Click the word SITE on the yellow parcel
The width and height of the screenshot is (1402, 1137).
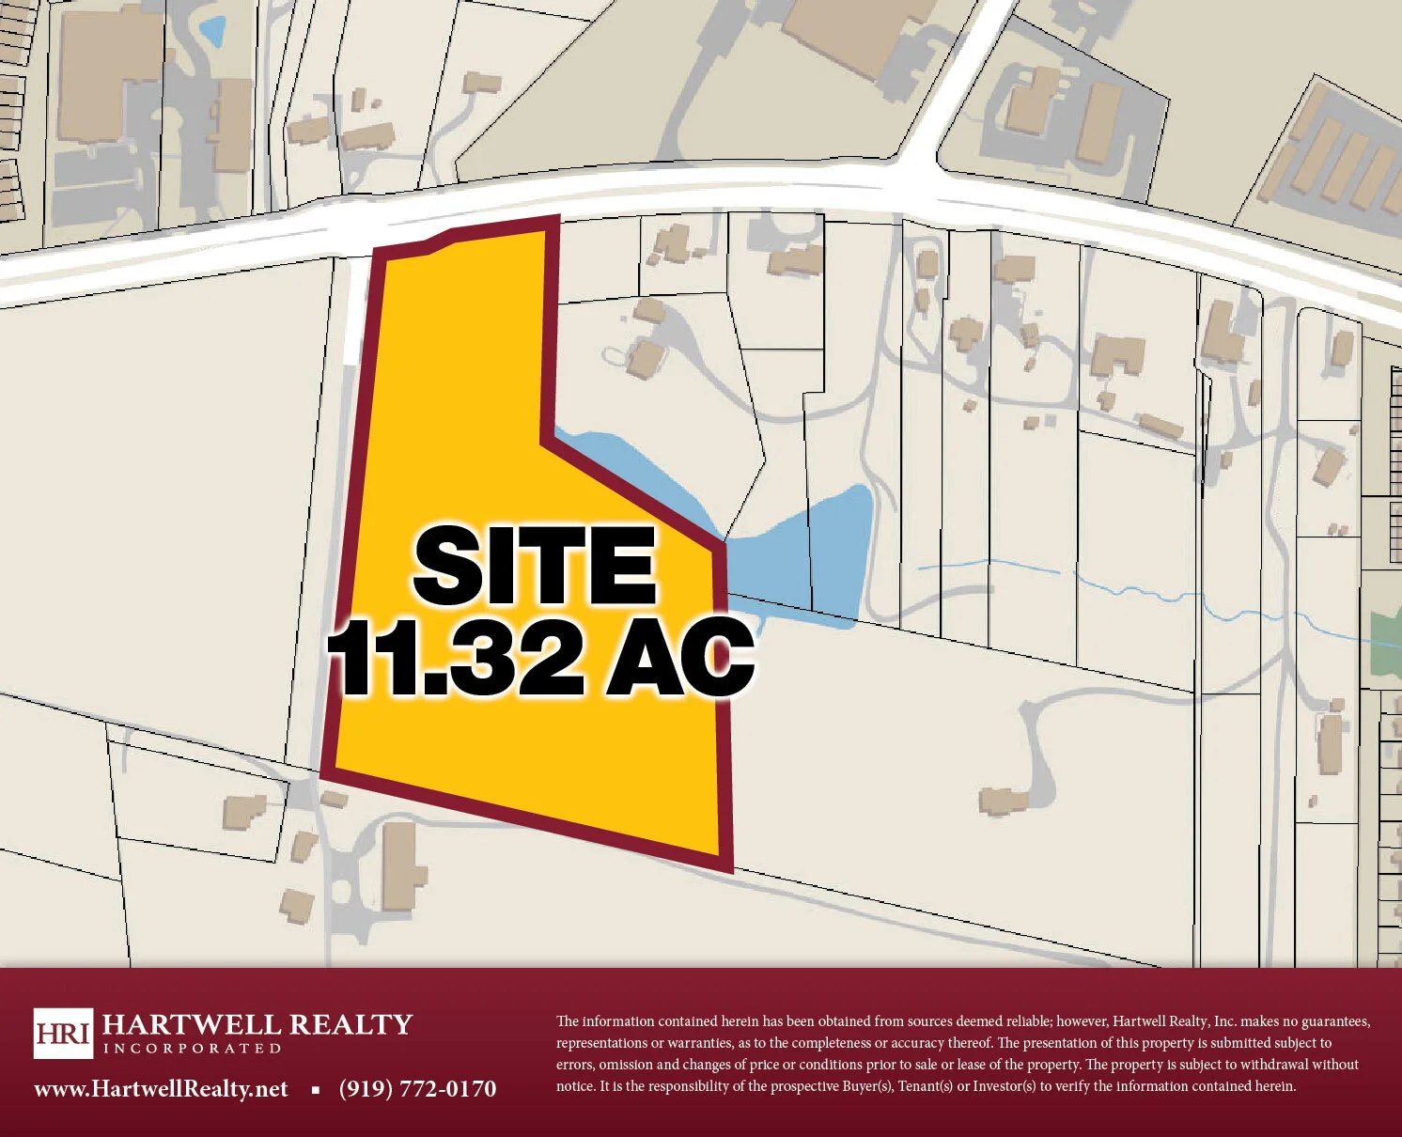[534, 566]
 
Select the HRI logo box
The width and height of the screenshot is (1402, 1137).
[63, 1033]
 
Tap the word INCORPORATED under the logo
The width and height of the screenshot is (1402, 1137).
[192, 1049]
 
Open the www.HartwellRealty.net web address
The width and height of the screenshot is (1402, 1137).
[161, 1089]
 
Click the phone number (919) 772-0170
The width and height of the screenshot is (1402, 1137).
[417, 1089]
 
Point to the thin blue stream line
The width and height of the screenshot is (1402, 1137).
[1128, 587]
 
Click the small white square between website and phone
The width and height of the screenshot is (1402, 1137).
[316, 1090]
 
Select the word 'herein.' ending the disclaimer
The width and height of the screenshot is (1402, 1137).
[1275, 1086]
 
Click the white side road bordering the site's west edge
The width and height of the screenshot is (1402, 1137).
[353, 310]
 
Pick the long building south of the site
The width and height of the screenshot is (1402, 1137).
[400, 864]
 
